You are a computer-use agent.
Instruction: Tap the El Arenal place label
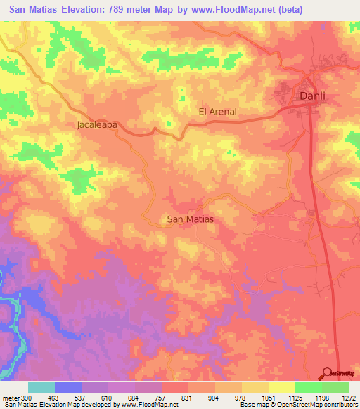tap(217, 111)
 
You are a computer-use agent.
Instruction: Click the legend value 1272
tap(347, 397)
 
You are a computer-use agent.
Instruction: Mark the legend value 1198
tap(321, 397)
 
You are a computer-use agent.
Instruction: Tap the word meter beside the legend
tap(11, 397)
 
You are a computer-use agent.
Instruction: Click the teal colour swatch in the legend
tap(41, 387)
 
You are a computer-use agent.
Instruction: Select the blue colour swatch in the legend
tap(68, 387)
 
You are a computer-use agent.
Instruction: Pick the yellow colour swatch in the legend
tap(281, 387)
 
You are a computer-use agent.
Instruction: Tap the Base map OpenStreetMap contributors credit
tap(298, 405)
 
